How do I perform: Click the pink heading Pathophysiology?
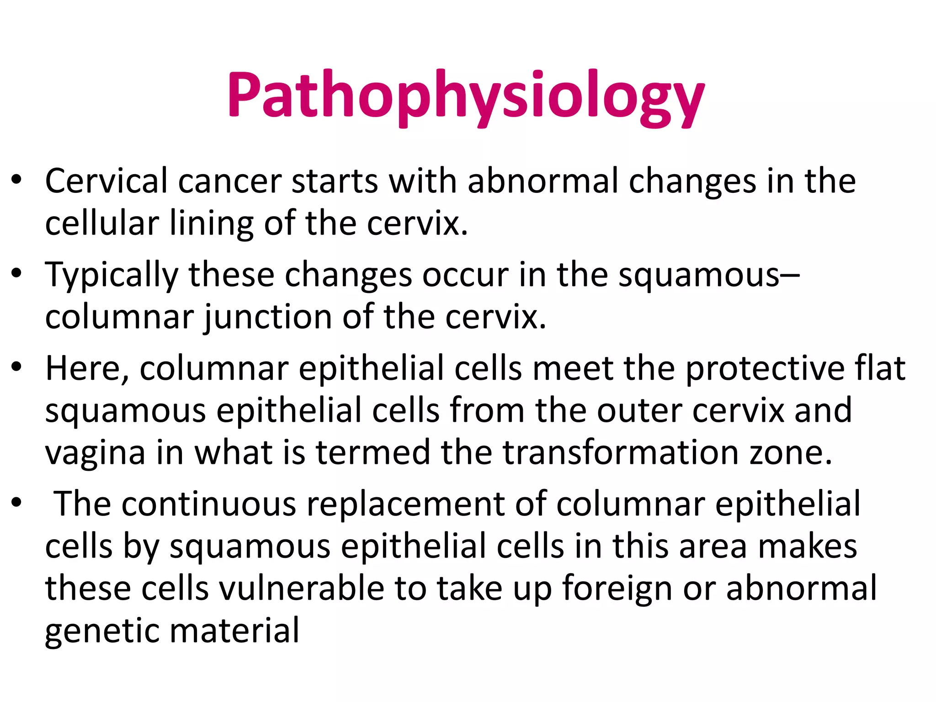tap(466, 97)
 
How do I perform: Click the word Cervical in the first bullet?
tap(106, 181)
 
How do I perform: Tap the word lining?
tap(211, 223)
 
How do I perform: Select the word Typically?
tap(111, 276)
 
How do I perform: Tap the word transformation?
tap(621, 452)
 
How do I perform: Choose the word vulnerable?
tap(302, 588)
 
